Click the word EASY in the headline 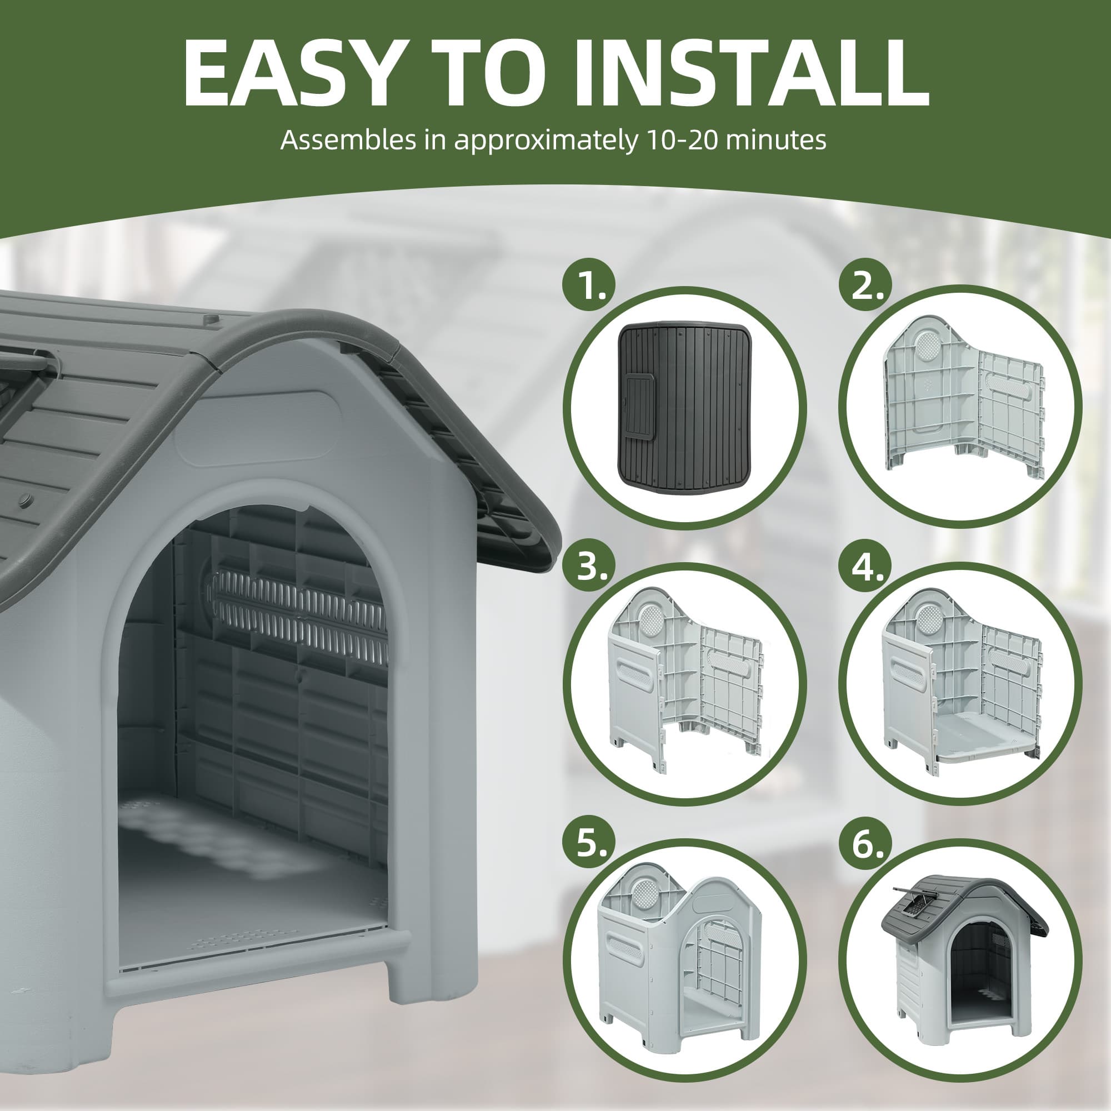coord(289,73)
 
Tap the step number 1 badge coord(588,287)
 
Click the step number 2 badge coord(866,287)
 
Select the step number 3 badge coord(588,567)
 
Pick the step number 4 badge coord(866,567)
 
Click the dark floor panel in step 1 coord(685,403)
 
